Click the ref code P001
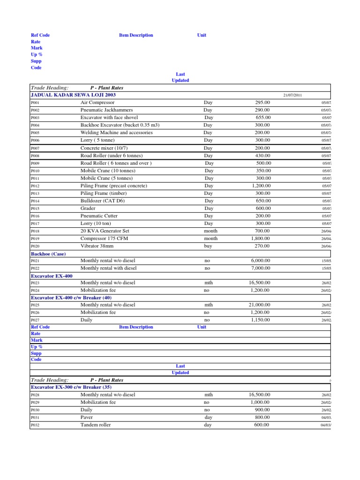(x=35, y=103)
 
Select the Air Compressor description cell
(x=98, y=102)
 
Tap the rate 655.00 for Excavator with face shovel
(x=262, y=117)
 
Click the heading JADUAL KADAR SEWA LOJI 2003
(x=73, y=95)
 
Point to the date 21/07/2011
(x=292, y=95)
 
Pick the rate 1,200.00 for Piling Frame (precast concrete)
(x=260, y=186)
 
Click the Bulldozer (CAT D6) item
(x=103, y=201)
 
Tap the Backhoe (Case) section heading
(x=48, y=254)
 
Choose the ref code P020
(x=35, y=246)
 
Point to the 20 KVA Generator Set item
(x=105, y=231)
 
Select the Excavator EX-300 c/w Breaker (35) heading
(x=71, y=388)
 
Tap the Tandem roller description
(x=96, y=425)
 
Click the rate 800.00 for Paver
(x=262, y=417)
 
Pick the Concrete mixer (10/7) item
(x=103, y=148)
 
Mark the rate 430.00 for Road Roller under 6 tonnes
(x=262, y=156)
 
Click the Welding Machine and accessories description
(x=117, y=133)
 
